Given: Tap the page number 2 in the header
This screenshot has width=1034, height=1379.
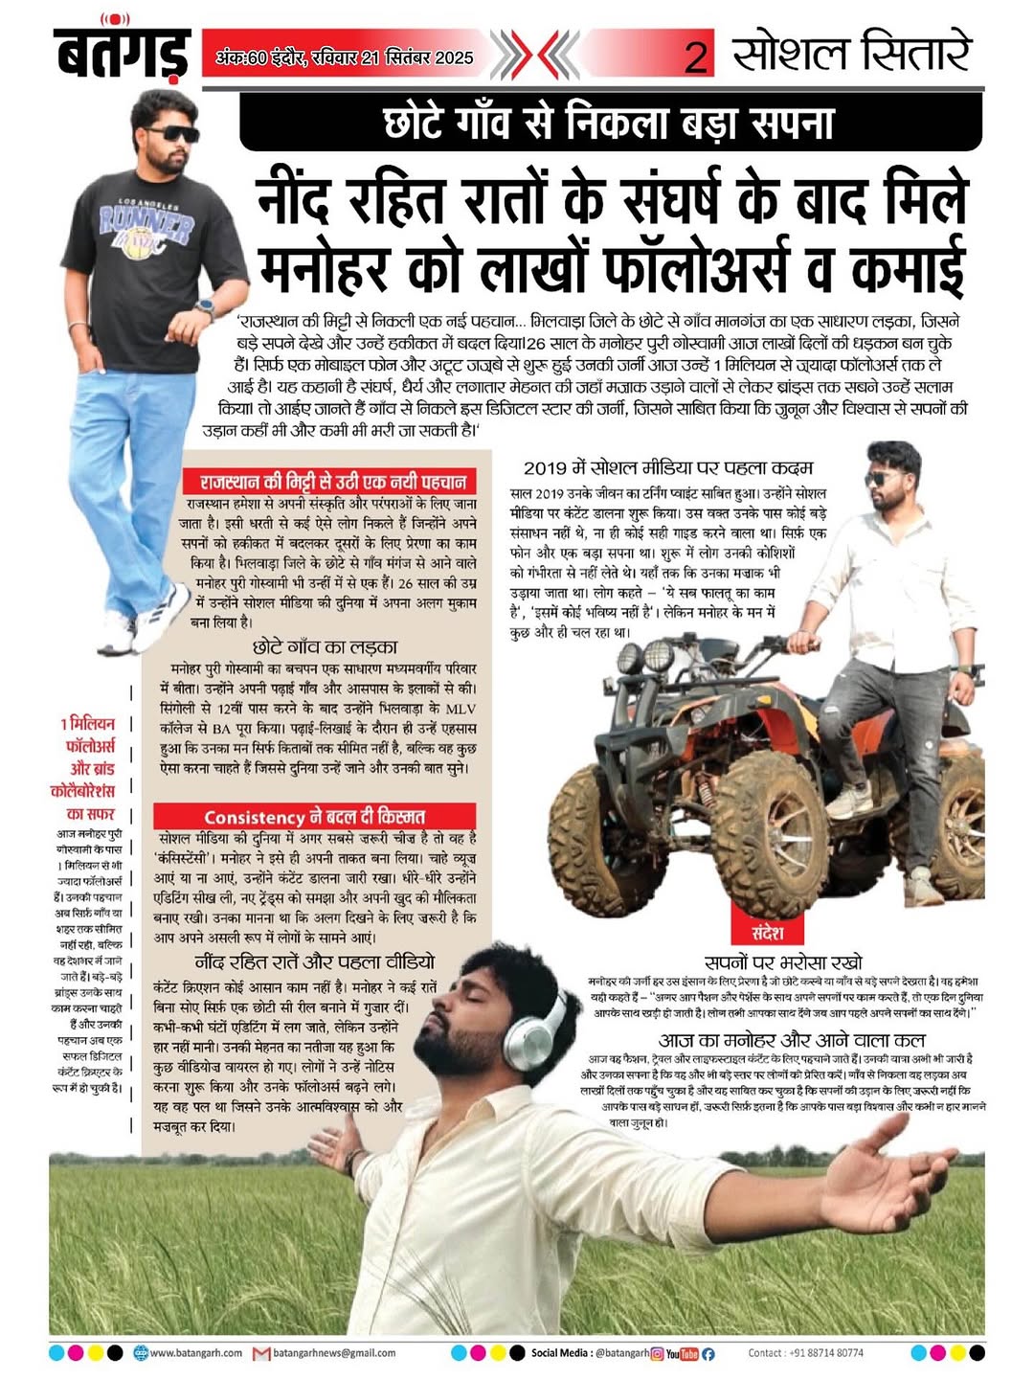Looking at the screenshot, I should click(696, 57).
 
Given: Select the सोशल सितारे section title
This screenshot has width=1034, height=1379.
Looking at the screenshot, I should click(852, 54).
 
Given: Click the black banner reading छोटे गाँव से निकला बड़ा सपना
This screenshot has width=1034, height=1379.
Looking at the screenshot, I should click(610, 123).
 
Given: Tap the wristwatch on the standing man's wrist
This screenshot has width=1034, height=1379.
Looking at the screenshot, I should click(204, 307).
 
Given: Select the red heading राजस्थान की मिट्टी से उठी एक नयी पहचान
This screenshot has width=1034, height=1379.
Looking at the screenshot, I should click(333, 481).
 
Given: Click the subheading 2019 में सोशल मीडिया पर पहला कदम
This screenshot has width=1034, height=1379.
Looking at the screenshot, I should click(667, 468).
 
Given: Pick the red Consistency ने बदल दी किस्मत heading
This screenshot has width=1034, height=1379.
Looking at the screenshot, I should click(314, 817).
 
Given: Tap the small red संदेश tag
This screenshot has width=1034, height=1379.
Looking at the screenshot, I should click(769, 932).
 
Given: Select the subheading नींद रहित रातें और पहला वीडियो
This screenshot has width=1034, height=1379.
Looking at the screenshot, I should click(314, 961).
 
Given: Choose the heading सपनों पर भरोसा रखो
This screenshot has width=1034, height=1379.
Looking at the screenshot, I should click(782, 962).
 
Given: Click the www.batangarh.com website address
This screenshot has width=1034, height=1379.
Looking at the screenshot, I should click(196, 1353).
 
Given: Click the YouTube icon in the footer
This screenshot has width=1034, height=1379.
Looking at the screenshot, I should click(682, 1354).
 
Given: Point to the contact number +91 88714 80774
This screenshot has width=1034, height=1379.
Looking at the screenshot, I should click(805, 1353).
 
